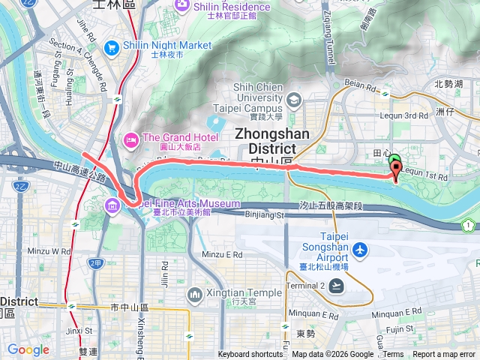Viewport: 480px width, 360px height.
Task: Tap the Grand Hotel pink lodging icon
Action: point(130,138)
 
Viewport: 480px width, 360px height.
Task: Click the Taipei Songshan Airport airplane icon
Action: point(361,248)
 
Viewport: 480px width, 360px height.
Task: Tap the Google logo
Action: point(28,349)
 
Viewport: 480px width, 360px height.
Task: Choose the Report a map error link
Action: point(445,355)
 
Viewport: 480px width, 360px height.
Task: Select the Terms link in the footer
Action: point(393,355)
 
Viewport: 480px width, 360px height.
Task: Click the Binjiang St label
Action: point(265,215)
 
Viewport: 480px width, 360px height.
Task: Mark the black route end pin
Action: point(395,169)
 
